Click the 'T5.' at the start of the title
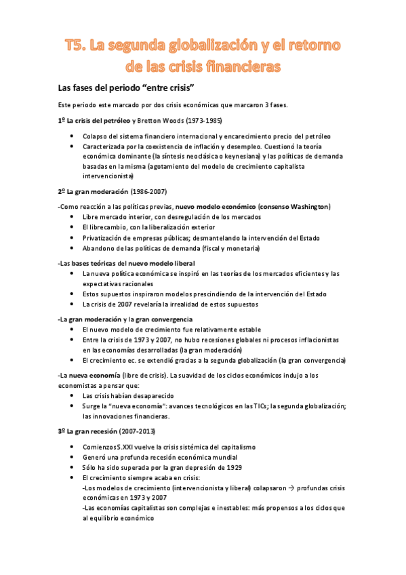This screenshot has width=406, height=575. point(75,46)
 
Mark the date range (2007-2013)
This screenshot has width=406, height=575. point(137,431)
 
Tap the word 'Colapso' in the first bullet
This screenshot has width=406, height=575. point(96,136)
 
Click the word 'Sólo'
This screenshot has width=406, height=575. point(89,467)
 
